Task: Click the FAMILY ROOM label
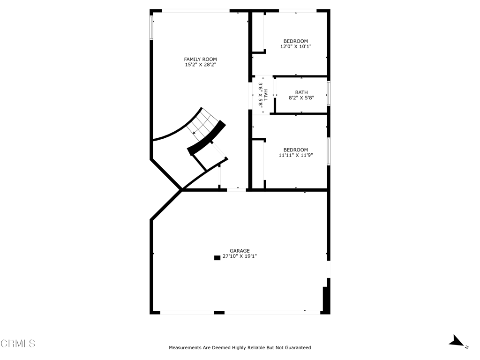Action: (x=200, y=59)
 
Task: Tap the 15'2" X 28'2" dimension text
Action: (x=200, y=65)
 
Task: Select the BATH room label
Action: (x=301, y=92)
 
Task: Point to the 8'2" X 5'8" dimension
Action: (x=301, y=98)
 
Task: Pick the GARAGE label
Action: (x=240, y=251)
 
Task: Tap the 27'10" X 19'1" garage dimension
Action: (x=240, y=256)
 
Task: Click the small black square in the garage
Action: (x=217, y=257)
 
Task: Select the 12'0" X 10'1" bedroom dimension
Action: (x=296, y=46)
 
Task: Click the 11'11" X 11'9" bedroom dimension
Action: (x=296, y=155)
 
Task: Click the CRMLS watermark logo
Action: (x=18, y=344)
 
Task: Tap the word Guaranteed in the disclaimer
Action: (x=295, y=348)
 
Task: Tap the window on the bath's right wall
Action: (x=328, y=93)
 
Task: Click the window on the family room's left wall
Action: (x=151, y=28)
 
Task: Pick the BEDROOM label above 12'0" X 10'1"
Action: (x=296, y=41)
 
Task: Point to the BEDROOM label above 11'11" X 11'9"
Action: (x=296, y=150)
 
